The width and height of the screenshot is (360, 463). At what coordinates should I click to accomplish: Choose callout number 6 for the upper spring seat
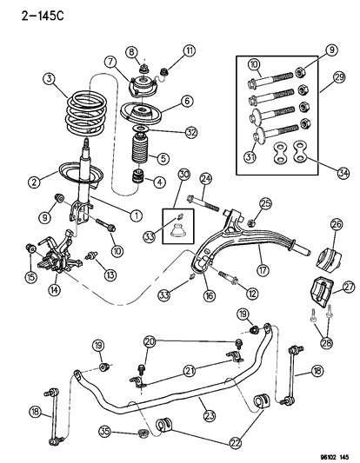pos(185,101)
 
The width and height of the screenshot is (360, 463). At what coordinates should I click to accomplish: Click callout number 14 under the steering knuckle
pos(57,290)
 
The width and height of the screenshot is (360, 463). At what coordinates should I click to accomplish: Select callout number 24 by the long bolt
pos(206,180)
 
